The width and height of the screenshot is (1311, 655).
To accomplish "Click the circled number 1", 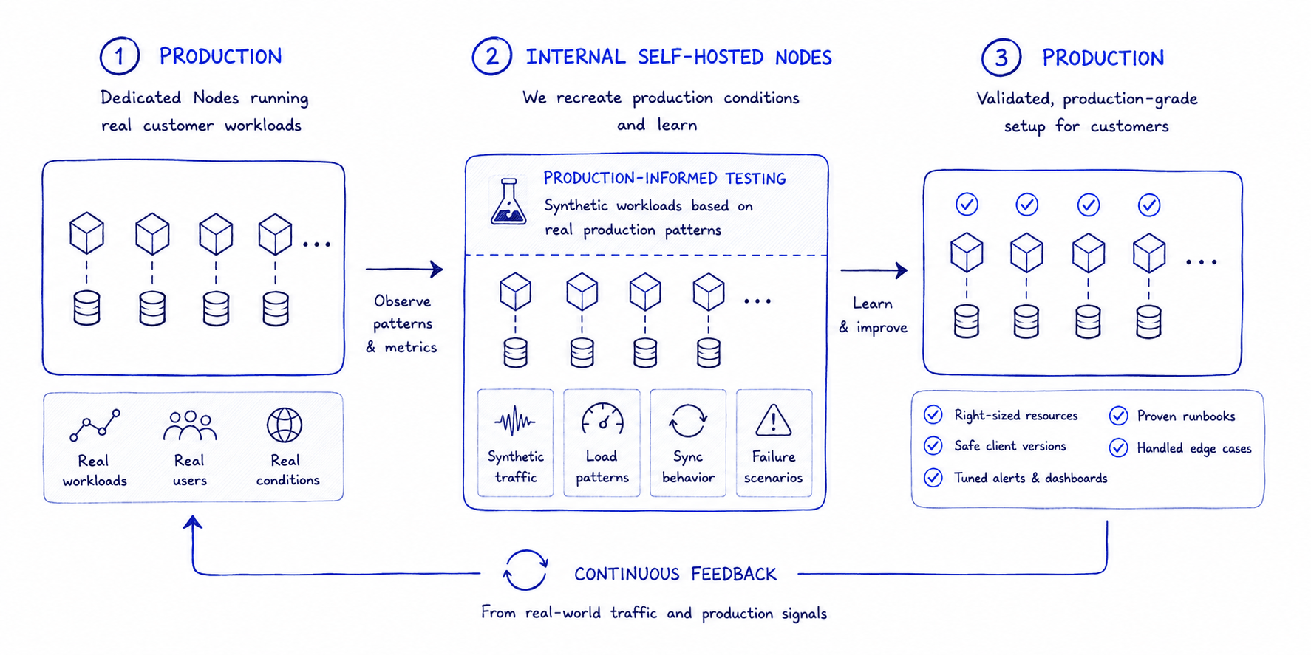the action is point(119,56).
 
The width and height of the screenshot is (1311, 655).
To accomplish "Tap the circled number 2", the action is point(491,56).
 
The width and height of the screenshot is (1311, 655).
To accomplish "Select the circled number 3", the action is point(1001,57).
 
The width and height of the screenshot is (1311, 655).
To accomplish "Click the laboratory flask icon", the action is point(508,201).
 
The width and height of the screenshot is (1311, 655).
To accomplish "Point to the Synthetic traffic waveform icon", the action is point(515,422).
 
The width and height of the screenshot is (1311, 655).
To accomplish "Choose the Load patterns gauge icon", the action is point(602,419).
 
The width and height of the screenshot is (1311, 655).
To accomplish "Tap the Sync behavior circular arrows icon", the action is point(688,420).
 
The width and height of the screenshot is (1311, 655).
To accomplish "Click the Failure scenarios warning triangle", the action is point(774,419).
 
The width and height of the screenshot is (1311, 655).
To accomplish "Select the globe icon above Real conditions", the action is point(285,425).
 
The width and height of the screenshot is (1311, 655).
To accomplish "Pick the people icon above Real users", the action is point(190,425).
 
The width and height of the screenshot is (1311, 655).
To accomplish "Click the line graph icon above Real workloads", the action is point(95,425).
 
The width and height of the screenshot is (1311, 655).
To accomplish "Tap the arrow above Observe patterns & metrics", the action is point(404,270).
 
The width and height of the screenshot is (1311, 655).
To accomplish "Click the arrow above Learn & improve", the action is point(874,270).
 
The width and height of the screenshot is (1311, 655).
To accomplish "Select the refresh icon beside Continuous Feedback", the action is point(525,571).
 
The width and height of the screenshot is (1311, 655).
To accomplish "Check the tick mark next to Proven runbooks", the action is point(1118,416).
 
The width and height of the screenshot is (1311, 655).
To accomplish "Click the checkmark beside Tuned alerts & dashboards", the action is point(933,478).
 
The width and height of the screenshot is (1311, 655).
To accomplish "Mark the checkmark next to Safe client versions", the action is point(933,446).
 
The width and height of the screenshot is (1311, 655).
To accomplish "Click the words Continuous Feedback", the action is point(675,574).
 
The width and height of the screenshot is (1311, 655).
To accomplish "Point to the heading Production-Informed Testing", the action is point(664,178).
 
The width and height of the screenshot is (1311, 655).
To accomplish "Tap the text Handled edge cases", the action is point(1194,448).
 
